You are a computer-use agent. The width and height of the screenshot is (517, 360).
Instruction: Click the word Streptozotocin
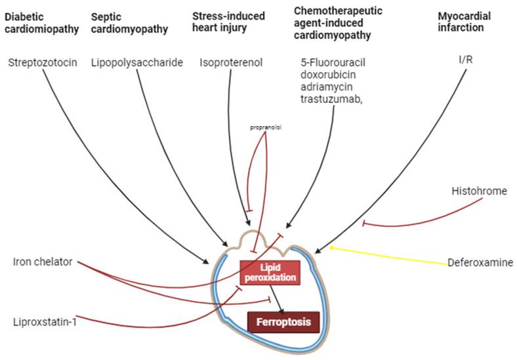pos(43,63)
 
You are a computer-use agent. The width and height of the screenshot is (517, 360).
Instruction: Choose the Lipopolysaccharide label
pos(136,63)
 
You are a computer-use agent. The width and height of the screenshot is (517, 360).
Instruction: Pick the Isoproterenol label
pos(231,63)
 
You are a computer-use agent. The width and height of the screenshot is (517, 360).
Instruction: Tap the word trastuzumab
pos(329,99)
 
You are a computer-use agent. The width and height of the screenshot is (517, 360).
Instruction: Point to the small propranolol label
pos(266,127)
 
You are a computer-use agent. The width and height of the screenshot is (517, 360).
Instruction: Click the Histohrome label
pos(478,191)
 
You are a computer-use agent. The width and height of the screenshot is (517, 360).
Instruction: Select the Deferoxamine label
pos(480,264)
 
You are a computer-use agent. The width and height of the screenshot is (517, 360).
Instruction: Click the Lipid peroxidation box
pos(270,273)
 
